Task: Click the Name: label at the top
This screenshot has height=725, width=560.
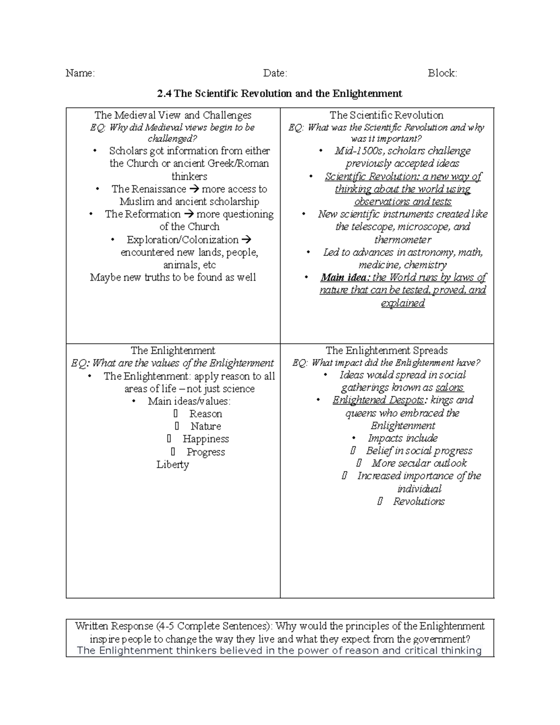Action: click(80, 73)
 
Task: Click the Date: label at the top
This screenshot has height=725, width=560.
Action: click(275, 73)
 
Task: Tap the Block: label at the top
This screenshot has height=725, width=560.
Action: click(442, 73)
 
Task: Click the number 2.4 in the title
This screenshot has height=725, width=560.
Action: click(164, 94)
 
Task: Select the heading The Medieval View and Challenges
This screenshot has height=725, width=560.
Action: click(173, 115)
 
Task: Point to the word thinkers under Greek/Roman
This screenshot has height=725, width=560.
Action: click(189, 176)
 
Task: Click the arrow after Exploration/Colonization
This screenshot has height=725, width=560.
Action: click(247, 239)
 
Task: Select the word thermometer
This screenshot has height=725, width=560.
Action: click(403, 239)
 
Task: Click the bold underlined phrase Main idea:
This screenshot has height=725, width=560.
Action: click(345, 277)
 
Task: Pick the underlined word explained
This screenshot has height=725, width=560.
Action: click(403, 303)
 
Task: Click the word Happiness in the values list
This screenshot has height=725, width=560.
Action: click(206, 439)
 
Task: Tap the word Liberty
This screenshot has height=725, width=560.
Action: click(173, 465)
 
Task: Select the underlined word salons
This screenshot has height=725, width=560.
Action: click(449, 387)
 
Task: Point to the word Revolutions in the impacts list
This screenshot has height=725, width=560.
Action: click(419, 501)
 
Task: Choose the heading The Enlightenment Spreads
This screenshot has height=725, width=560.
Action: click(386, 351)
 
